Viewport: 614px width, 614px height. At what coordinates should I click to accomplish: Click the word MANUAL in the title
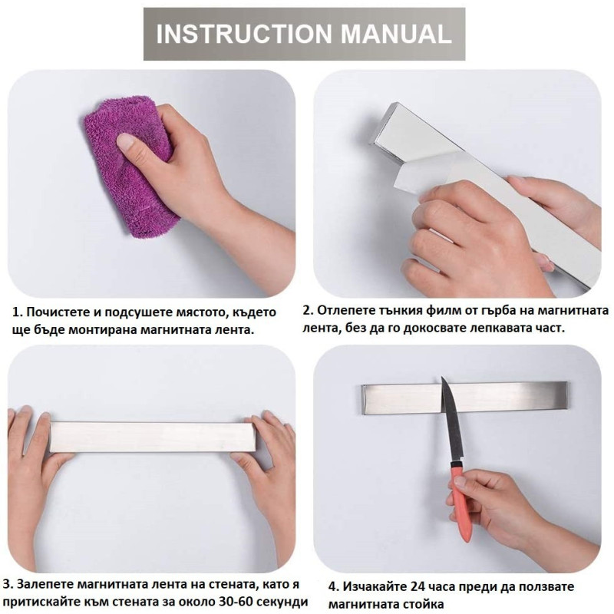click(396, 34)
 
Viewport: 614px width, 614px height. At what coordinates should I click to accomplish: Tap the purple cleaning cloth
click(129, 164)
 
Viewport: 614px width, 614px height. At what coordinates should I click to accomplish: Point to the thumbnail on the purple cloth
click(125, 141)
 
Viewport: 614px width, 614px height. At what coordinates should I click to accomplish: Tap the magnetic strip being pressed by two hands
click(152, 437)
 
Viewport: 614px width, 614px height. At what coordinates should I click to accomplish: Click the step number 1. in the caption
click(17, 312)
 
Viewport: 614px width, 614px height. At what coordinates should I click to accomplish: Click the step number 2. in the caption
click(308, 310)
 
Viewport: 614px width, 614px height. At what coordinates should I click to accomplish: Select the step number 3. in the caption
click(8, 584)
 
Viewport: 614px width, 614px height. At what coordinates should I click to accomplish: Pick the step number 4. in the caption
click(334, 586)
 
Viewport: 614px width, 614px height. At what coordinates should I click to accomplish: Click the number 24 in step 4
click(418, 586)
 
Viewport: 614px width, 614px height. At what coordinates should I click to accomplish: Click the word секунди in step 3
click(278, 602)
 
